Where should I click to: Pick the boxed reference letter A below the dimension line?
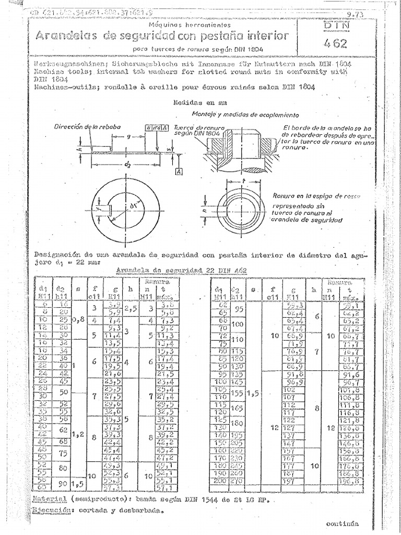[179, 172]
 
